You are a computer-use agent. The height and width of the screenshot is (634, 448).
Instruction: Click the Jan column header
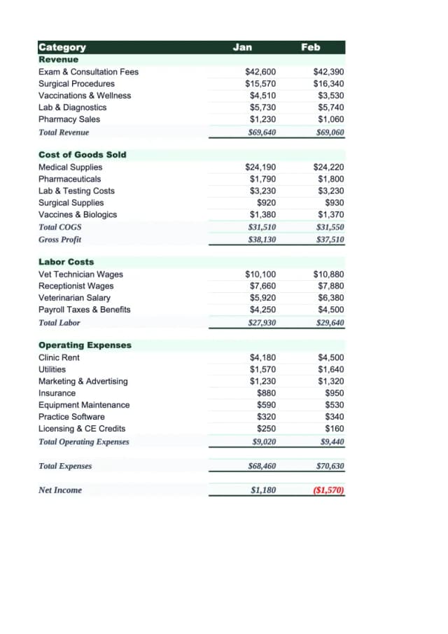pos(242,47)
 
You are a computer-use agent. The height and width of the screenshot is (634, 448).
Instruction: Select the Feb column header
pos(310,47)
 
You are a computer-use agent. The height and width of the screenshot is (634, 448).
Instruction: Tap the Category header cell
pos(62,48)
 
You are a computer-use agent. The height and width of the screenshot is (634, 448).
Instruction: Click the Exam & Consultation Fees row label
pos(88,71)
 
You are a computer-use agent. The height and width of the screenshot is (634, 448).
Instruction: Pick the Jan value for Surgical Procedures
pos(260,83)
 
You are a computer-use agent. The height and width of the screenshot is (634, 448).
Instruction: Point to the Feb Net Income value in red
pos(328,490)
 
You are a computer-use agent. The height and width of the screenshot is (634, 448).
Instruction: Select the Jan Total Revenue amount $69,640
pos(262,132)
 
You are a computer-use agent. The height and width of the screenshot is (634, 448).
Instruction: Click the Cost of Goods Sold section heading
pos(82,155)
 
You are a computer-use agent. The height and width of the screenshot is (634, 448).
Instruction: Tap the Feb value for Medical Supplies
pos(328,167)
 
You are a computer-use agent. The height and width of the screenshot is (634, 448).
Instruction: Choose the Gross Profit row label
pos(59,240)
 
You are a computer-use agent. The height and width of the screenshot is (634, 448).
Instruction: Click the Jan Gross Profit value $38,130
pos(262,240)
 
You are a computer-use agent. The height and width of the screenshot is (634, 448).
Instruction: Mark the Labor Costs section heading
pos(66,262)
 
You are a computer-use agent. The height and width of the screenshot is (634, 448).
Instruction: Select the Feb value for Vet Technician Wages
pos(328,275)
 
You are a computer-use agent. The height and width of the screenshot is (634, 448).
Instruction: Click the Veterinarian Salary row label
pos(74,298)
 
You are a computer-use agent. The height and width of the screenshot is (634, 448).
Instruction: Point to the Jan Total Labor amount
pos(262,323)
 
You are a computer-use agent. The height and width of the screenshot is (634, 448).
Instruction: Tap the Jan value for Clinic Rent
pos(262,358)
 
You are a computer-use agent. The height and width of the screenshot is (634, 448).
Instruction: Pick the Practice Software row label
pos(71,417)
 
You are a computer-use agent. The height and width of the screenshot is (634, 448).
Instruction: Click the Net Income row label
pos(59,490)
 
